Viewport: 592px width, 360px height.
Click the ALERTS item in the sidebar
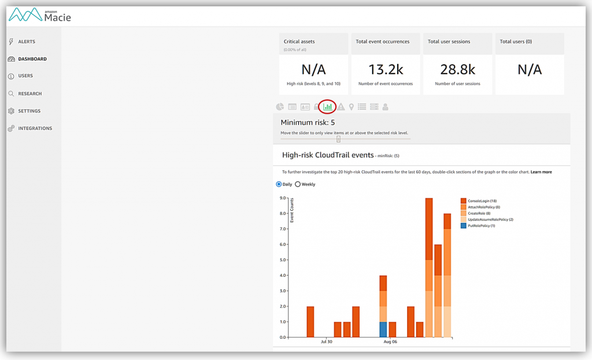pos(27,42)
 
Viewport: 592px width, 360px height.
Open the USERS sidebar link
pos(25,76)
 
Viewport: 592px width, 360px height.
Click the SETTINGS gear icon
pos(12,111)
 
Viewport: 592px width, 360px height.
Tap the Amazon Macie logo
pos(40,15)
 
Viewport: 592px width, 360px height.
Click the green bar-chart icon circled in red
pos(328,106)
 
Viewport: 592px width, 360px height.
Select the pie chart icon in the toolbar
pos(280,107)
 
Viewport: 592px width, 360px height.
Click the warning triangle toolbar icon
pos(341,107)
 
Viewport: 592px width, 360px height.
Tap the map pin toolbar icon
pos(351,107)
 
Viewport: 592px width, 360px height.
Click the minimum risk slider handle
pos(339,139)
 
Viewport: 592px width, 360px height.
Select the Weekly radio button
pos(298,184)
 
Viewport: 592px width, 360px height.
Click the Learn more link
pos(541,172)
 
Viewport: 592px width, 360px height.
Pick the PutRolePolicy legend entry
pos(477,226)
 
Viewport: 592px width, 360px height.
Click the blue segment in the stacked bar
pos(383,329)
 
